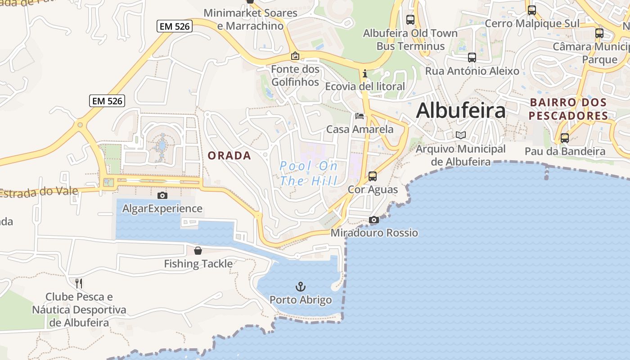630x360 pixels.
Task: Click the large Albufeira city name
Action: point(461,110)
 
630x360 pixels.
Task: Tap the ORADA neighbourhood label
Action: point(229,156)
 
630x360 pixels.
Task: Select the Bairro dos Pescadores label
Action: point(568,109)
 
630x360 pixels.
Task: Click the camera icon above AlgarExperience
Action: point(162,195)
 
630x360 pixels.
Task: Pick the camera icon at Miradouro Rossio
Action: point(374,220)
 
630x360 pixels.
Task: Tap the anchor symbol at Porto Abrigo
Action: point(300,286)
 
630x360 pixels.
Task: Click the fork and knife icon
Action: point(79,283)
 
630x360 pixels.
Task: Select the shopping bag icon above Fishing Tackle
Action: point(198,250)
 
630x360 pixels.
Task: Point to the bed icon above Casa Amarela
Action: point(359,116)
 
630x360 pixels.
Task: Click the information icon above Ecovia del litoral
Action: point(365,73)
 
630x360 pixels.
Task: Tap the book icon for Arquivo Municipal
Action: point(460,135)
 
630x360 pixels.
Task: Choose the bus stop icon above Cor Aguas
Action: point(373,176)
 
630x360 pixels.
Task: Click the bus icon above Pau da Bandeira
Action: point(565,138)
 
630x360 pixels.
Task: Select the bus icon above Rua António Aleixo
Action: point(472,58)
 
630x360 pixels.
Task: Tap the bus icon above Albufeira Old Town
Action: point(410,20)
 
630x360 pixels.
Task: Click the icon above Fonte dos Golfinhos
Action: point(295,56)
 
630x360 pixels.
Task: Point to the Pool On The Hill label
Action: point(309,173)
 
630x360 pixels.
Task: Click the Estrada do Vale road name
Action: point(38,193)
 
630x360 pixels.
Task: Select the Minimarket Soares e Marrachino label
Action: point(251,19)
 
